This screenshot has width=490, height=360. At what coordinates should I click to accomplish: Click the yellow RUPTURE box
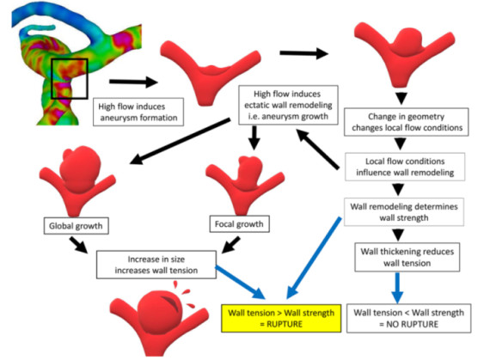click(x=281, y=318)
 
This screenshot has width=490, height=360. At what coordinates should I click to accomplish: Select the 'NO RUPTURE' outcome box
click(x=408, y=318)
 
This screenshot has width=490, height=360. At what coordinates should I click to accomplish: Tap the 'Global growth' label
click(x=76, y=226)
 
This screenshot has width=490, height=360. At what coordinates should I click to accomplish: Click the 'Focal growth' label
click(x=239, y=224)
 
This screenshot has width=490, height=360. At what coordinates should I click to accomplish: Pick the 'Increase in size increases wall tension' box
click(x=156, y=265)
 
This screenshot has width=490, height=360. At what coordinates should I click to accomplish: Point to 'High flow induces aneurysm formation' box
click(x=138, y=112)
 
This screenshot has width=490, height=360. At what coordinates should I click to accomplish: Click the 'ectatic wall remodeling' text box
click(x=288, y=105)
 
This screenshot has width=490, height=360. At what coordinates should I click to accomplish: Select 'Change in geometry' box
click(x=407, y=122)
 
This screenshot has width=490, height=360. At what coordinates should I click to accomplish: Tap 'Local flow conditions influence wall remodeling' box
click(x=405, y=167)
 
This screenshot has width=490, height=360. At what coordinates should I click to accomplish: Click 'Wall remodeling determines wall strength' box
click(x=404, y=211)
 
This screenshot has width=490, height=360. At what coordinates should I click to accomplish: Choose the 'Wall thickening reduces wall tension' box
click(x=407, y=257)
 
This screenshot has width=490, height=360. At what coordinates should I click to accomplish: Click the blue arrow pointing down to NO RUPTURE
click(x=397, y=287)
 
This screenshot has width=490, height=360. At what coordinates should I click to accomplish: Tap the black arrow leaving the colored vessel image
click(x=133, y=82)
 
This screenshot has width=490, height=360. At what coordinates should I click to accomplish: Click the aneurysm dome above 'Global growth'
click(x=80, y=168)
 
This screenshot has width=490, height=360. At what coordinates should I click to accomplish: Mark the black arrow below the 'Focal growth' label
click(x=231, y=245)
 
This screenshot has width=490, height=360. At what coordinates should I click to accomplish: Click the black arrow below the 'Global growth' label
click(x=79, y=245)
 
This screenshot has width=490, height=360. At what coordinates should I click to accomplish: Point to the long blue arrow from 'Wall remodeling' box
click(x=314, y=259)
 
